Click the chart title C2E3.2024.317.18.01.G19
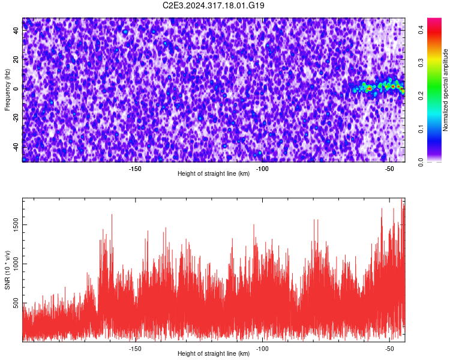(x=213, y=5)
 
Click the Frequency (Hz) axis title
(x=7, y=90)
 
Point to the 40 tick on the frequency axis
(x=16, y=30)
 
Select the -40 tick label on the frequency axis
(x=16, y=148)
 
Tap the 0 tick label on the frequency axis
(x=16, y=89)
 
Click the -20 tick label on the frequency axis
(x=16, y=118)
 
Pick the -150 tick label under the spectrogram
(x=135, y=169)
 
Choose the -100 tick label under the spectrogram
(x=262, y=169)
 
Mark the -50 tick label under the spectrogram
(x=389, y=169)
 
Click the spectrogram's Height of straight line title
(x=214, y=173)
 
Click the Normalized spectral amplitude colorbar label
(x=445, y=90)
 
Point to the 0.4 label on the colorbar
(x=421, y=29)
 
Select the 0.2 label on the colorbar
(x=421, y=96)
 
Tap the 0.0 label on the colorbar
(x=421, y=162)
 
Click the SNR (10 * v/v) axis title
(x=7, y=270)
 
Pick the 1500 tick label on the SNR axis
(x=16, y=225)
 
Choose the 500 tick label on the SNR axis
(x=16, y=303)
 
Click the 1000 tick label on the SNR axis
(x=16, y=264)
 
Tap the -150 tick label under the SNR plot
(x=135, y=349)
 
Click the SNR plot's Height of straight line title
(x=214, y=353)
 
